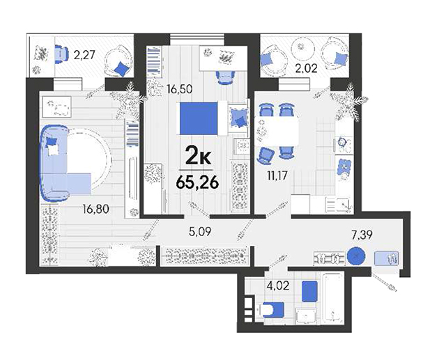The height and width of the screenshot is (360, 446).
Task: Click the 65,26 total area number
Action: [197, 182]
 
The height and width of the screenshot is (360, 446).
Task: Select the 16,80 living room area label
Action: [96, 209]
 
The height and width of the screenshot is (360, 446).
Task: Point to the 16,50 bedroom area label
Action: [180, 89]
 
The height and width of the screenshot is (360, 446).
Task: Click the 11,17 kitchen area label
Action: [277, 175]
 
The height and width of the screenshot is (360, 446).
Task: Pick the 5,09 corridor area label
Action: [200, 232]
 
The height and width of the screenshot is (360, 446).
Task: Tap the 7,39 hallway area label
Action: [362, 235]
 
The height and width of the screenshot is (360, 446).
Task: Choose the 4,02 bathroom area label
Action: [278, 285]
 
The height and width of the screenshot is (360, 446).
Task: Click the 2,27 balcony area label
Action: [84, 54]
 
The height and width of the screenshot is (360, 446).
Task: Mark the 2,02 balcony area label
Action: [306, 68]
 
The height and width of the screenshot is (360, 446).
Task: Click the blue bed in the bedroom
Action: [199, 118]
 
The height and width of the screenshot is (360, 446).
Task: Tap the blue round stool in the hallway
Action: [356, 256]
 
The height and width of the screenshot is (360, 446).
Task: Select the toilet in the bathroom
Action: [272, 310]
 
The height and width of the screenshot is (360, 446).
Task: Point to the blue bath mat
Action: [309, 291]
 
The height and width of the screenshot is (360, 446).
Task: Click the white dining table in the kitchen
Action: [277, 132]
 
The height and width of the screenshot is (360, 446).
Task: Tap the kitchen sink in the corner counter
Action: [339, 205]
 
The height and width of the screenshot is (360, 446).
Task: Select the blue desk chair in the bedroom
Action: [226, 77]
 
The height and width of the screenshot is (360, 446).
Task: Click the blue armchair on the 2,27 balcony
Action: [61, 54]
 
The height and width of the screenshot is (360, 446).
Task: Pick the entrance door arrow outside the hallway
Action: [384, 282]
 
